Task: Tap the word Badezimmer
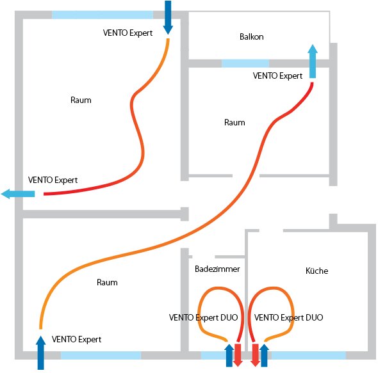click(217, 269)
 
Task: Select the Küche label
click(316, 271)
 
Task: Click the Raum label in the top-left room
click(81, 100)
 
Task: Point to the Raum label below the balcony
click(234, 122)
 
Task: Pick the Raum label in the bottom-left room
click(107, 282)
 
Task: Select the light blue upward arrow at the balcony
click(312, 62)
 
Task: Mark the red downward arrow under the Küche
click(255, 355)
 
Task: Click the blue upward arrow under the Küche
click(264, 354)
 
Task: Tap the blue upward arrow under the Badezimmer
click(229, 354)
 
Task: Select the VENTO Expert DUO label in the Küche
click(288, 317)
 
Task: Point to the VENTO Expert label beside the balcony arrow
click(277, 75)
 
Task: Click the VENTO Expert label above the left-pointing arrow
click(53, 180)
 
